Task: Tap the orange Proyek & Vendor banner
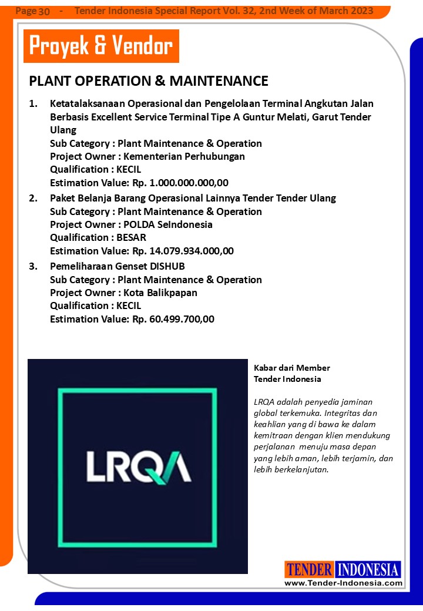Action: click(x=101, y=46)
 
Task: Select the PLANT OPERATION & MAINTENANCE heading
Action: click(x=149, y=81)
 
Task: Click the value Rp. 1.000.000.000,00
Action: click(x=180, y=183)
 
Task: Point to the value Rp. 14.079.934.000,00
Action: click(x=183, y=251)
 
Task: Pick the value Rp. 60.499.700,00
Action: click(x=173, y=319)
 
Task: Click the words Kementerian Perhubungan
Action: click(x=184, y=156)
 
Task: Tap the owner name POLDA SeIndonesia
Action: click(x=168, y=224)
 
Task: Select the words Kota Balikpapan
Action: click(x=160, y=293)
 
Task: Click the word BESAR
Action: click(x=131, y=237)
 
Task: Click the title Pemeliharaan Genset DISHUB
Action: click(x=117, y=266)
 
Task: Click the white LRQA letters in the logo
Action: click(x=138, y=466)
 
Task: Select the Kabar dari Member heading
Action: click(x=292, y=368)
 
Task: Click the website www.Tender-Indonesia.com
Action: click(x=343, y=583)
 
